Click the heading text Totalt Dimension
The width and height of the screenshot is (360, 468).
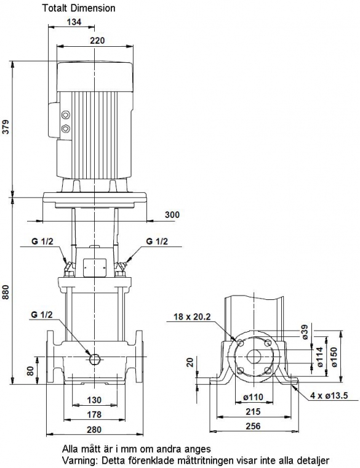point(79,8)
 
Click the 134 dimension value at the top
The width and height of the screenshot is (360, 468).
point(74,22)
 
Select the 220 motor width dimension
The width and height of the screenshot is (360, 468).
point(97,40)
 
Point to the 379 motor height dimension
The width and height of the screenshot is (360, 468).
point(6,127)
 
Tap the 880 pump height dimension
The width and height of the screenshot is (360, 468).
point(6,292)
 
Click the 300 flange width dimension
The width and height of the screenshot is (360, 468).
point(172,214)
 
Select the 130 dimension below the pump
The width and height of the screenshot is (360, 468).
point(94,400)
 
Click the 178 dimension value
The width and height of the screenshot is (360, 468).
point(94,414)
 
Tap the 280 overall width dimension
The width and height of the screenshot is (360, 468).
point(94,429)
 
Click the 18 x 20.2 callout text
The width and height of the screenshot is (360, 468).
point(192,317)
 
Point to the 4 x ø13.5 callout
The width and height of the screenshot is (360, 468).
point(329,396)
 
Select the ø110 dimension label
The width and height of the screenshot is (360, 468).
point(253,397)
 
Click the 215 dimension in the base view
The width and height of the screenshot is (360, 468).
point(253,411)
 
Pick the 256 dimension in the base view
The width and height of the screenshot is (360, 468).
point(253,426)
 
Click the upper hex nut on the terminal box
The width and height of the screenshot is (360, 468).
point(65,115)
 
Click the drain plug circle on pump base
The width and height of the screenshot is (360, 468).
point(95,359)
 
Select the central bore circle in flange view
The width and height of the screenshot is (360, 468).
point(254,357)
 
